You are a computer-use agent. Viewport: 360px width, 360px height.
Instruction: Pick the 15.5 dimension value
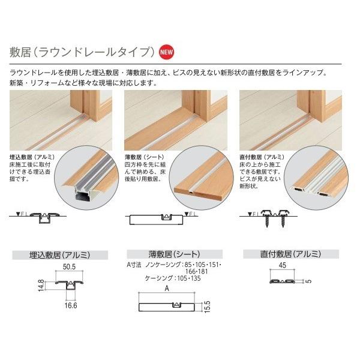(206, 307)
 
